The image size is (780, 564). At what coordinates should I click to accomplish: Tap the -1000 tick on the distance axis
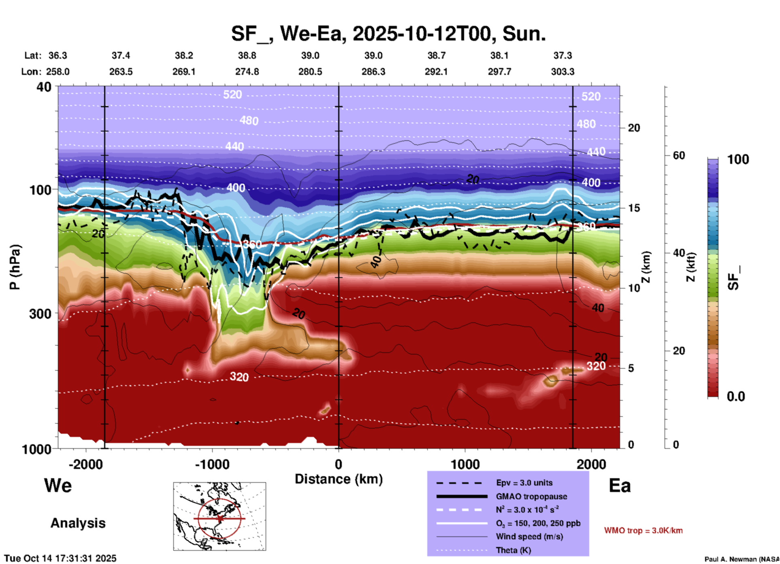pyautogui.click(x=212, y=464)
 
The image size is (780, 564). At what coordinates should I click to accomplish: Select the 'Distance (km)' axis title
pyautogui.click(x=339, y=479)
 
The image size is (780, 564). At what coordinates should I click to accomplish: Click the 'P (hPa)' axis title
pyautogui.click(x=15, y=267)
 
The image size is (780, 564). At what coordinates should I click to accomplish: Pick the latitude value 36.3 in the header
pyautogui.click(x=58, y=55)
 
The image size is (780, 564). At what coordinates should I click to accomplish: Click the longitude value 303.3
pyautogui.click(x=563, y=72)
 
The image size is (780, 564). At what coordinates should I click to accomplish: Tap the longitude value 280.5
pyautogui.click(x=310, y=72)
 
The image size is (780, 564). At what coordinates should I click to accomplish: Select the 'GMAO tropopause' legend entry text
pyautogui.click(x=531, y=496)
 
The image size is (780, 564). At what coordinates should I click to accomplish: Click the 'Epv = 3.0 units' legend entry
pyautogui.click(x=524, y=483)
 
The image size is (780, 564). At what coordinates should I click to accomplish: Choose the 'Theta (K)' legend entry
pyautogui.click(x=514, y=550)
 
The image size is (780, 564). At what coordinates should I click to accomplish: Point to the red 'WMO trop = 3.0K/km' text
pyautogui.click(x=643, y=530)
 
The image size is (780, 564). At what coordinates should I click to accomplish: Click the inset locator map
pyautogui.click(x=220, y=516)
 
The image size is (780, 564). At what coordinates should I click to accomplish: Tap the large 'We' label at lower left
pyautogui.click(x=58, y=486)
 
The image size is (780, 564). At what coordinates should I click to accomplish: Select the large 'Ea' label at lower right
pyautogui.click(x=620, y=486)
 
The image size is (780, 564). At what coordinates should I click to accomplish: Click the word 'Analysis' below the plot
pyautogui.click(x=78, y=523)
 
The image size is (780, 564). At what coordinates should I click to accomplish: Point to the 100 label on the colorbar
pyautogui.click(x=738, y=159)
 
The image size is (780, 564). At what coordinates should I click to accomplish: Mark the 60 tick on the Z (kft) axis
pyautogui.click(x=679, y=155)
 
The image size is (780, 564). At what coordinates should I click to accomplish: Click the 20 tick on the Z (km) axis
pyautogui.click(x=634, y=128)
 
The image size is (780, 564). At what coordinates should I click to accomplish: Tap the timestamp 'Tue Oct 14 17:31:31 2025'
pyautogui.click(x=60, y=558)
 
